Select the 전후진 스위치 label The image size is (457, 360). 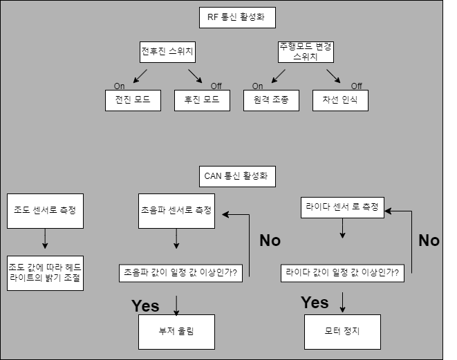coord(166,52)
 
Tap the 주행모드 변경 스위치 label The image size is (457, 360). coord(305,52)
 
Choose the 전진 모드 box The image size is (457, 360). coord(133,101)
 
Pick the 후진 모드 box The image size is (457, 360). coord(202,101)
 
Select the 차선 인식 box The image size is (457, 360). coord(339,101)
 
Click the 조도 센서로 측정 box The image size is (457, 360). coord(45,210)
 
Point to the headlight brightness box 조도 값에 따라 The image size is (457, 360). coord(45,272)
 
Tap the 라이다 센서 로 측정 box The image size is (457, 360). coord(342,207)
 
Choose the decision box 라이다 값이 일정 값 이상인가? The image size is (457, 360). coord(343,273)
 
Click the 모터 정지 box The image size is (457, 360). coord(342,332)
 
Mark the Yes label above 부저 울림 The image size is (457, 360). coord(145,305)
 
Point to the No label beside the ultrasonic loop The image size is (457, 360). coord(270,240)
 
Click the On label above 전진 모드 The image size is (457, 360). coord(120,86)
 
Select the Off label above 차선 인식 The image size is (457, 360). coord(356,86)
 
